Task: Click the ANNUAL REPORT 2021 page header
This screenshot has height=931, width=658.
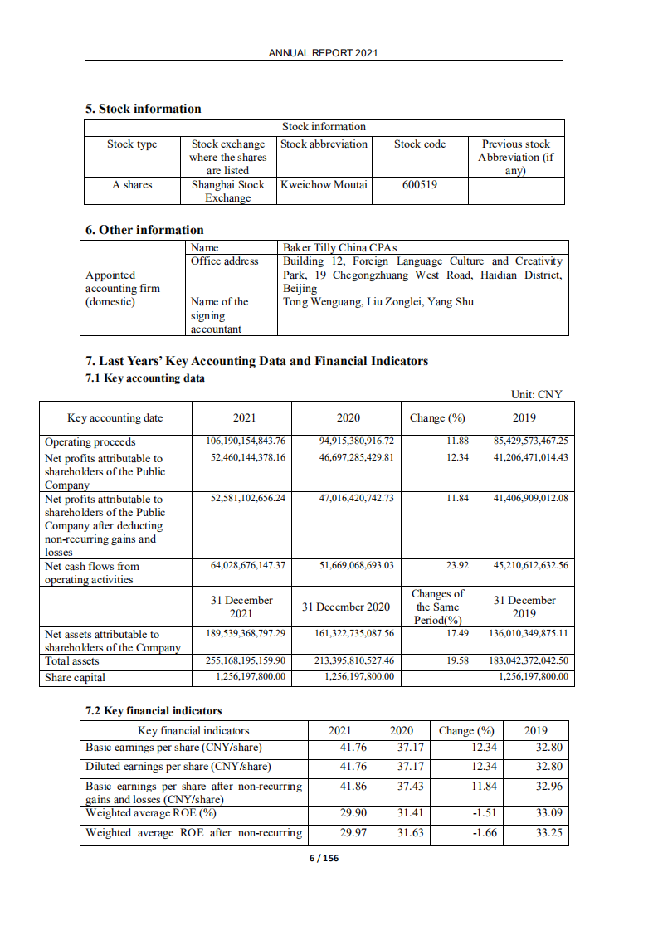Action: pyautogui.click(x=324, y=52)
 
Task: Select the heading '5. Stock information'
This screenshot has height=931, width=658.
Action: pyautogui.click(x=144, y=109)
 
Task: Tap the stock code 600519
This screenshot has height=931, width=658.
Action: pyautogui.click(x=419, y=184)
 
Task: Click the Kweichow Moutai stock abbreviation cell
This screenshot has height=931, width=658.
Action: pyautogui.click(x=324, y=184)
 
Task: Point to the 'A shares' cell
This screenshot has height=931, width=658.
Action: pyautogui.click(x=132, y=184)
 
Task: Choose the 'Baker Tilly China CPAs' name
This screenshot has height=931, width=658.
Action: pyautogui.click(x=340, y=247)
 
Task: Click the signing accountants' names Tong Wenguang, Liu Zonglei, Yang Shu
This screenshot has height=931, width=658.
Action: pyautogui.click(x=378, y=301)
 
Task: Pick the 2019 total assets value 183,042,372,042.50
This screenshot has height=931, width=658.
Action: pyautogui.click(x=530, y=660)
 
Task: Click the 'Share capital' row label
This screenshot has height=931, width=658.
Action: pyautogui.click(x=75, y=677)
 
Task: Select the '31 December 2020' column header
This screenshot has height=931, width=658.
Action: pyautogui.click(x=345, y=607)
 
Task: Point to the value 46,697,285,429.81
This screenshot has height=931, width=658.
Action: pyautogui.click(x=356, y=457)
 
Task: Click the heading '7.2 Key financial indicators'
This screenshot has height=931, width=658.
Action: pyautogui.click(x=154, y=711)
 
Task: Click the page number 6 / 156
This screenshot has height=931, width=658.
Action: pyautogui.click(x=324, y=858)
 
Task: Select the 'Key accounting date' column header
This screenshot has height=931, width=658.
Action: pyautogui.click(x=115, y=417)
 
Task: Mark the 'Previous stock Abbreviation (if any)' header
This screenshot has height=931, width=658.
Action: pyautogui.click(x=515, y=157)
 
